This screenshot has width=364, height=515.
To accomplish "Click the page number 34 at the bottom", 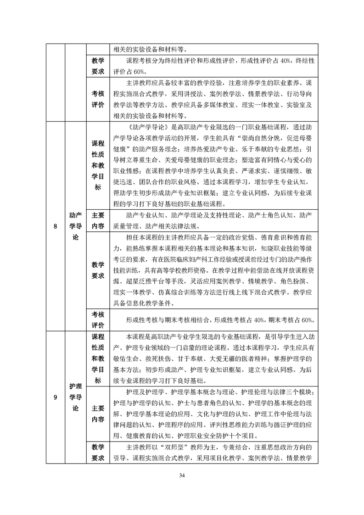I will (x=182, y=475).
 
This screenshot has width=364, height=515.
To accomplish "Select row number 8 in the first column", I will (x=55, y=225).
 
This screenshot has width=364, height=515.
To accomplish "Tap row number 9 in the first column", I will (x=55, y=397).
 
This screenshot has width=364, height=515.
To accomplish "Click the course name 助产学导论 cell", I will (x=75, y=225).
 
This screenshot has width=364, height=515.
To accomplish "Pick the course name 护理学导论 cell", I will (x=75, y=397).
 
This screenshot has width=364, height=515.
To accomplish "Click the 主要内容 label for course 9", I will (x=98, y=414).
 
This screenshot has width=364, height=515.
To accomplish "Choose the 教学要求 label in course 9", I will (x=98, y=452).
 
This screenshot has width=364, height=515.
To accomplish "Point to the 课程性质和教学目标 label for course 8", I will (x=98, y=165).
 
